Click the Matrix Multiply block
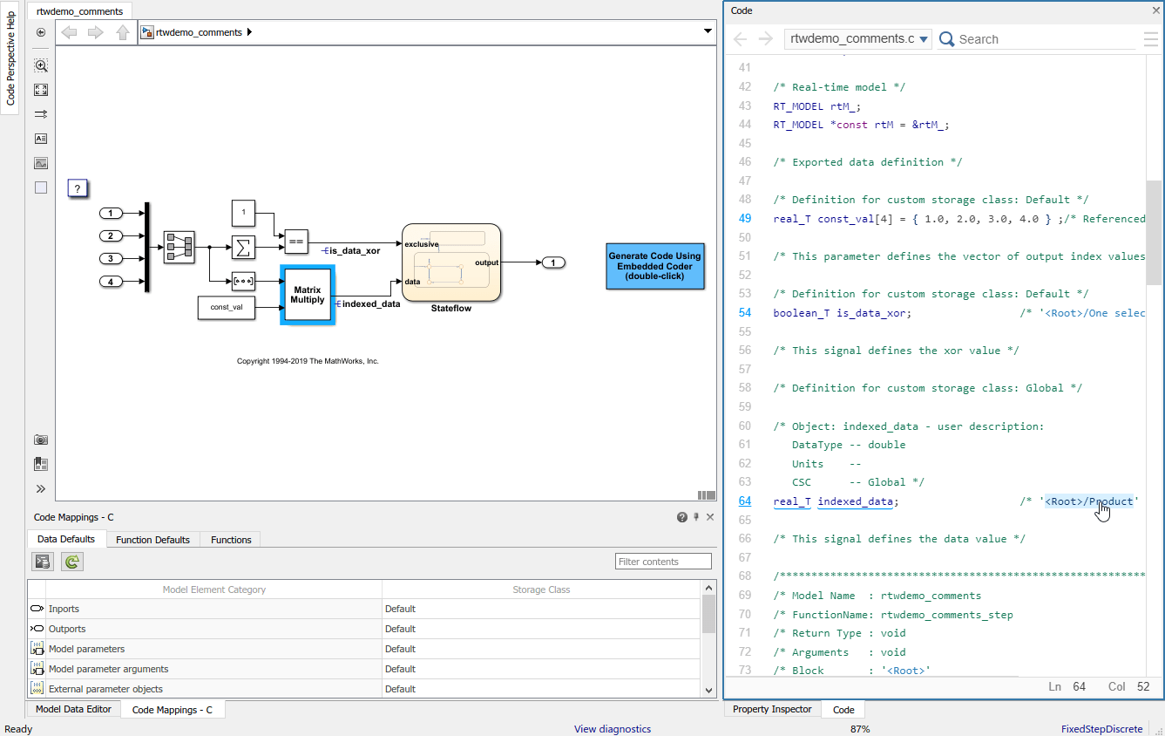(307, 295)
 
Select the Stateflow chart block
(450, 262)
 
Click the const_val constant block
(227, 307)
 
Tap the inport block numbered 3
(111, 258)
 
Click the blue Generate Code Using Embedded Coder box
(654, 266)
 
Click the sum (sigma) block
(243, 248)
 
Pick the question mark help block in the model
(78, 188)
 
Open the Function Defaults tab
(152, 540)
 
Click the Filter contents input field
(662, 562)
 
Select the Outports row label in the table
(67, 629)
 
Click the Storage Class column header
(540, 589)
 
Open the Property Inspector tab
(771, 709)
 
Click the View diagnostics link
(612, 729)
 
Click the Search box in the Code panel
(1041, 39)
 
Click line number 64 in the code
(745, 501)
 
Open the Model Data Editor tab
(73, 709)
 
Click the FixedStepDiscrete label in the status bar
(1101, 729)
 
